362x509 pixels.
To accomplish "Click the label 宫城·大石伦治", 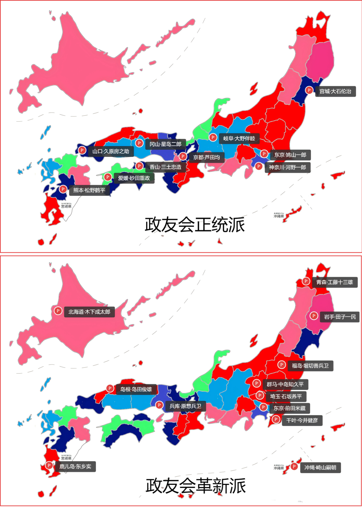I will click(x=335, y=91).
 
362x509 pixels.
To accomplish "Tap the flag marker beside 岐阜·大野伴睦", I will click(x=213, y=137).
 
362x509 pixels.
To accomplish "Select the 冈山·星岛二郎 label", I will click(x=165, y=144).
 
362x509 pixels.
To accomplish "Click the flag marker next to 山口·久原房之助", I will click(x=82, y=150).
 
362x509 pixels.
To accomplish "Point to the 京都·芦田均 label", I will click(x=206, y=157).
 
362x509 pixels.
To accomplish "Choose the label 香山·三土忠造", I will click(x=165, y=167).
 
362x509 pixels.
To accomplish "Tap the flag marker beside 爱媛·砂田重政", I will click(x=108, y=177).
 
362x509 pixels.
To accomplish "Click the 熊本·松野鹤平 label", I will click(x=89, y=190).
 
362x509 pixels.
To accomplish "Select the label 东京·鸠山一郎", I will click(x=290, y=155).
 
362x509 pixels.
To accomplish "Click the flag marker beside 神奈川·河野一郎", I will click(x=259, y=166).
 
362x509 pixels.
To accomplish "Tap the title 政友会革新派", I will click(x=196, y=486).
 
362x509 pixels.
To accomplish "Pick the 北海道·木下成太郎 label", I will click(x=89, y=312).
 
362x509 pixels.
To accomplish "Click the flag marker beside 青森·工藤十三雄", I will click(x=306, y=281).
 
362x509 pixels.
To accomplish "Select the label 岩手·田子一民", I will click(x=340, y=317).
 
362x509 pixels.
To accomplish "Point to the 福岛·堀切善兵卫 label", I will click(x=310, y=366).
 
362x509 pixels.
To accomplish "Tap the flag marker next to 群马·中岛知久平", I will click(x=256, y=383).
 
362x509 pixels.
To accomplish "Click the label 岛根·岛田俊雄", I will click(x=136, y=389).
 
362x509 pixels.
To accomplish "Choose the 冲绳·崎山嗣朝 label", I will click(x=320, y=468).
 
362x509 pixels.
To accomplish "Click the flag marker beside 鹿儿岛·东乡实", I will click(x=49, y=465).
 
